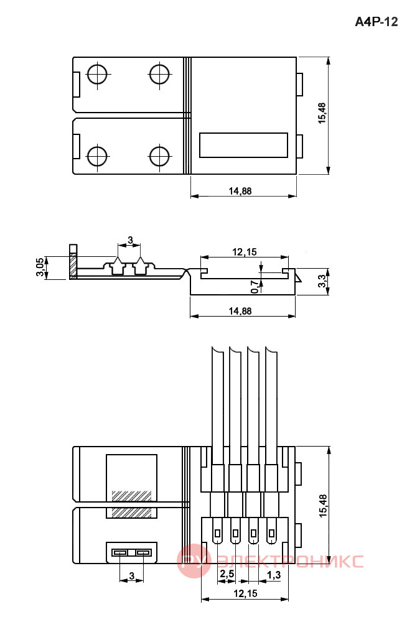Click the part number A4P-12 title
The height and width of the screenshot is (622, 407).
376,21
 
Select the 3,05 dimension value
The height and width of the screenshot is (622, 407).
40,267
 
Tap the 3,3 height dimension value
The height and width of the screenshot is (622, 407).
323,281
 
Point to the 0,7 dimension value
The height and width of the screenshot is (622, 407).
255,286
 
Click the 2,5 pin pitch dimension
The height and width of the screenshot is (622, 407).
227,574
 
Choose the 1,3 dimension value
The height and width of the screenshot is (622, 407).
274,574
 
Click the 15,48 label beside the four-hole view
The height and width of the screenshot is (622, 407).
322,113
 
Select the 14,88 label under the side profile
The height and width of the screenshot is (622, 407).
240,310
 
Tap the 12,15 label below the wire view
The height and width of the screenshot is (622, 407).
245,593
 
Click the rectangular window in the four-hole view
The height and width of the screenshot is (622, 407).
243,145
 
